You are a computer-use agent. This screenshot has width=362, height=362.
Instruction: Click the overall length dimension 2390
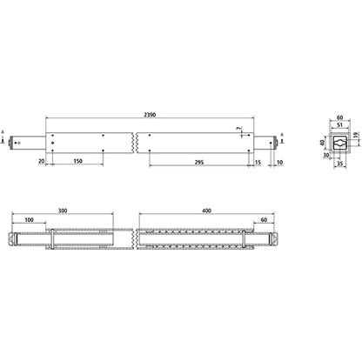pos(152,113)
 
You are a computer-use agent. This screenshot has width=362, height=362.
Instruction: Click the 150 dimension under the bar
pos(78,160)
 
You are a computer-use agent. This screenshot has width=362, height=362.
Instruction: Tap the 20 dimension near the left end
pos(42,160)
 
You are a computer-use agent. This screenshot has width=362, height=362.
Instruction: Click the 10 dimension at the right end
pos(278,160)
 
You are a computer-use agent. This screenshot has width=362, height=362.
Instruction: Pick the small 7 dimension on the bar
pos(238,128)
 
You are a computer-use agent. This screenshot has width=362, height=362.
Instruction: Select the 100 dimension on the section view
pos(30,221)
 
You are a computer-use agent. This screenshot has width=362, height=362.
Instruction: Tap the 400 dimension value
pos(205,211)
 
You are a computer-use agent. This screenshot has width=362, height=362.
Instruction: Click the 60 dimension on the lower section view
pos(263,221)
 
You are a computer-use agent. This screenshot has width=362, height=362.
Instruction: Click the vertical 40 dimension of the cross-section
pos(322,143)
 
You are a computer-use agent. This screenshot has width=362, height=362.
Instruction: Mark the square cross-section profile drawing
pos(339,141)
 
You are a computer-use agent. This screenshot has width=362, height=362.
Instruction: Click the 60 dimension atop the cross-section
pos(339,114)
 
